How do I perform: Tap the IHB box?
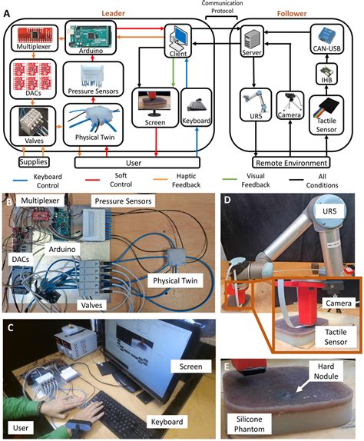pos(323,76)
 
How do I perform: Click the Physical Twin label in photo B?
pos(170,283)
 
